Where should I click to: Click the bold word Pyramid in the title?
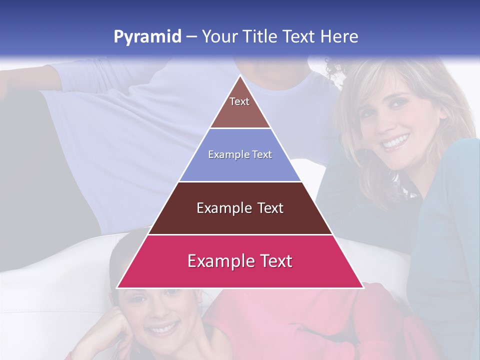(x=147, y=37)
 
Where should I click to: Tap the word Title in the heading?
(x=260, y=36)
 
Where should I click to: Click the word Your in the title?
(x=220, y=36)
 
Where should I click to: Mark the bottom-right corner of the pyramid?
(x=362, y=287)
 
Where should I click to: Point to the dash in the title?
(x=191, y=37)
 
